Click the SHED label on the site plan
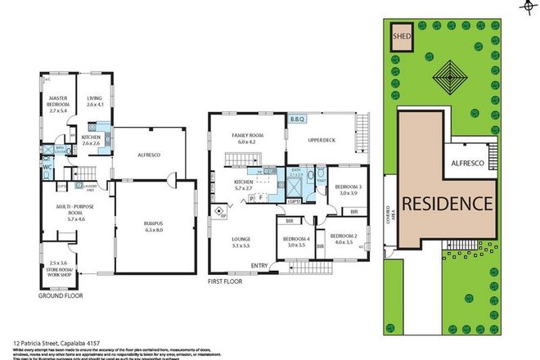[x=403, y=37]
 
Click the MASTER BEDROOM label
[x=57, y=102]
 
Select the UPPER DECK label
[x=322, y=139]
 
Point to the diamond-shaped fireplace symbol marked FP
[x=219, y=212]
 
